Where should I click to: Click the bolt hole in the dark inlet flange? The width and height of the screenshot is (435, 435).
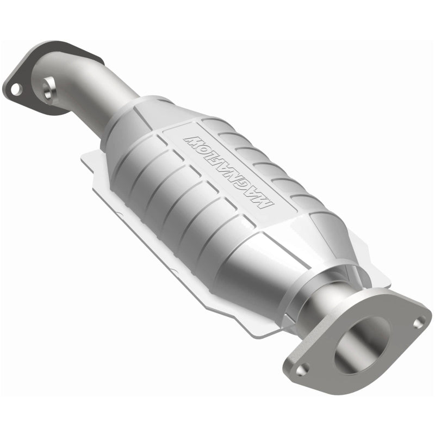(15, 88)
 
